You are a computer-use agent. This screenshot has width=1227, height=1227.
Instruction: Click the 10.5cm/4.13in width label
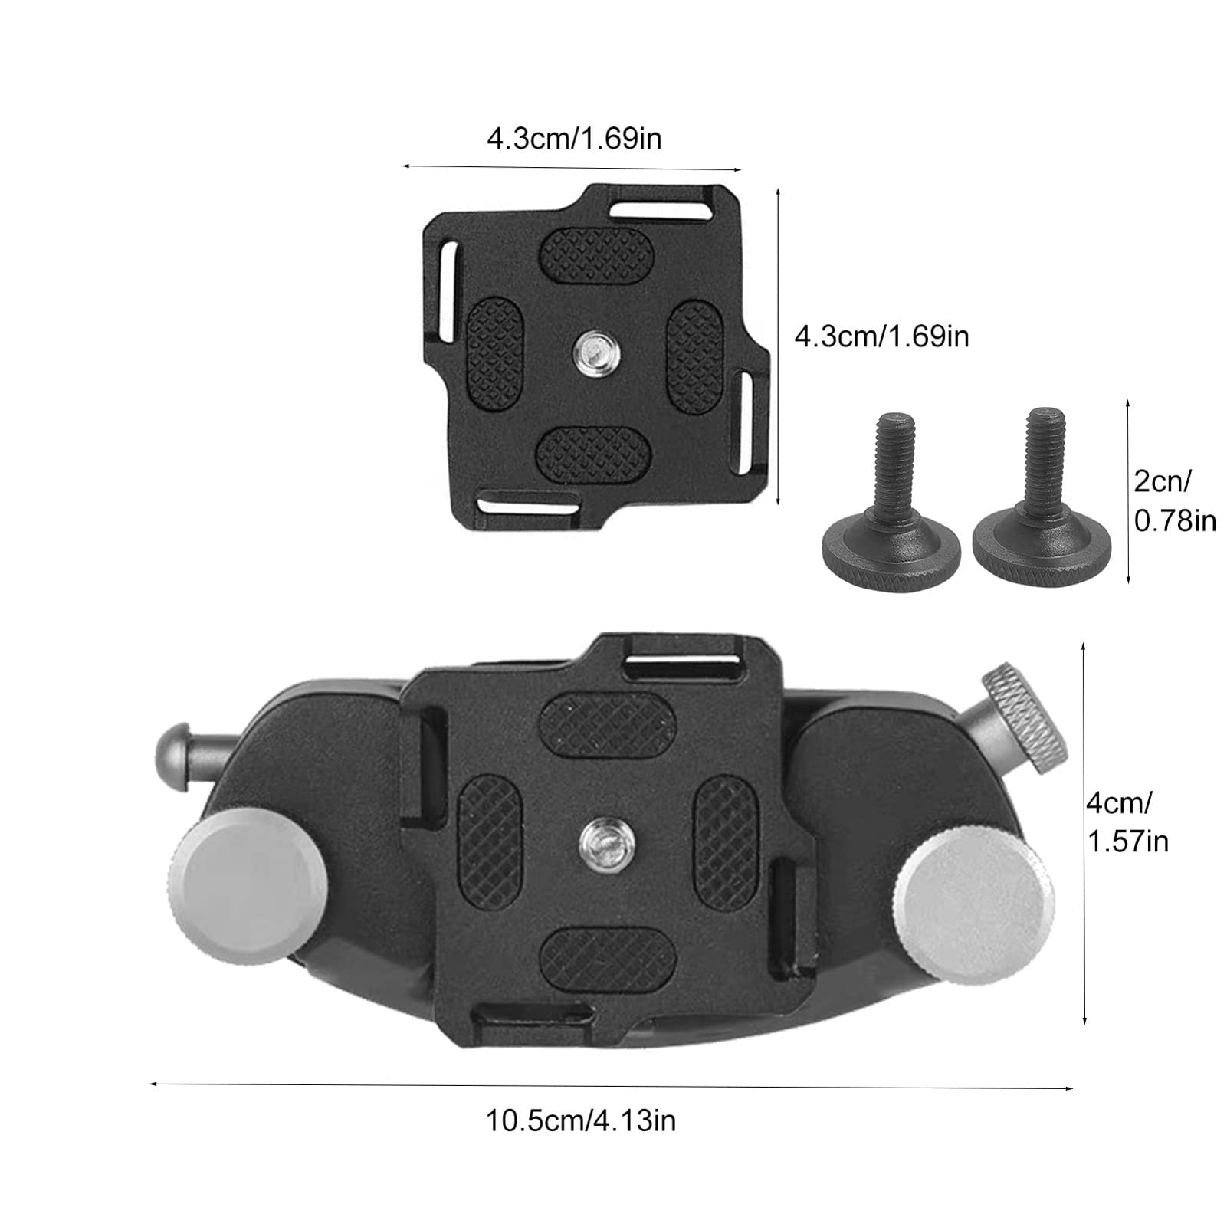580,1121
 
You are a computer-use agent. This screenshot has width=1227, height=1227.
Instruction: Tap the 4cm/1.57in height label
1127,823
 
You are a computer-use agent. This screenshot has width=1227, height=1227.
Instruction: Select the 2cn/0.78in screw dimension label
1174,501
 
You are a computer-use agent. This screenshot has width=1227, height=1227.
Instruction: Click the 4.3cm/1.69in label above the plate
574,139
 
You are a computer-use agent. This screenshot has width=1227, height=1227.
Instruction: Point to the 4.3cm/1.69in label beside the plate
881,336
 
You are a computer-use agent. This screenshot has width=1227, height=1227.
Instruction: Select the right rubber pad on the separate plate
695,356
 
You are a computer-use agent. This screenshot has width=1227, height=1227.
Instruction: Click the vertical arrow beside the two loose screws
1128,490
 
